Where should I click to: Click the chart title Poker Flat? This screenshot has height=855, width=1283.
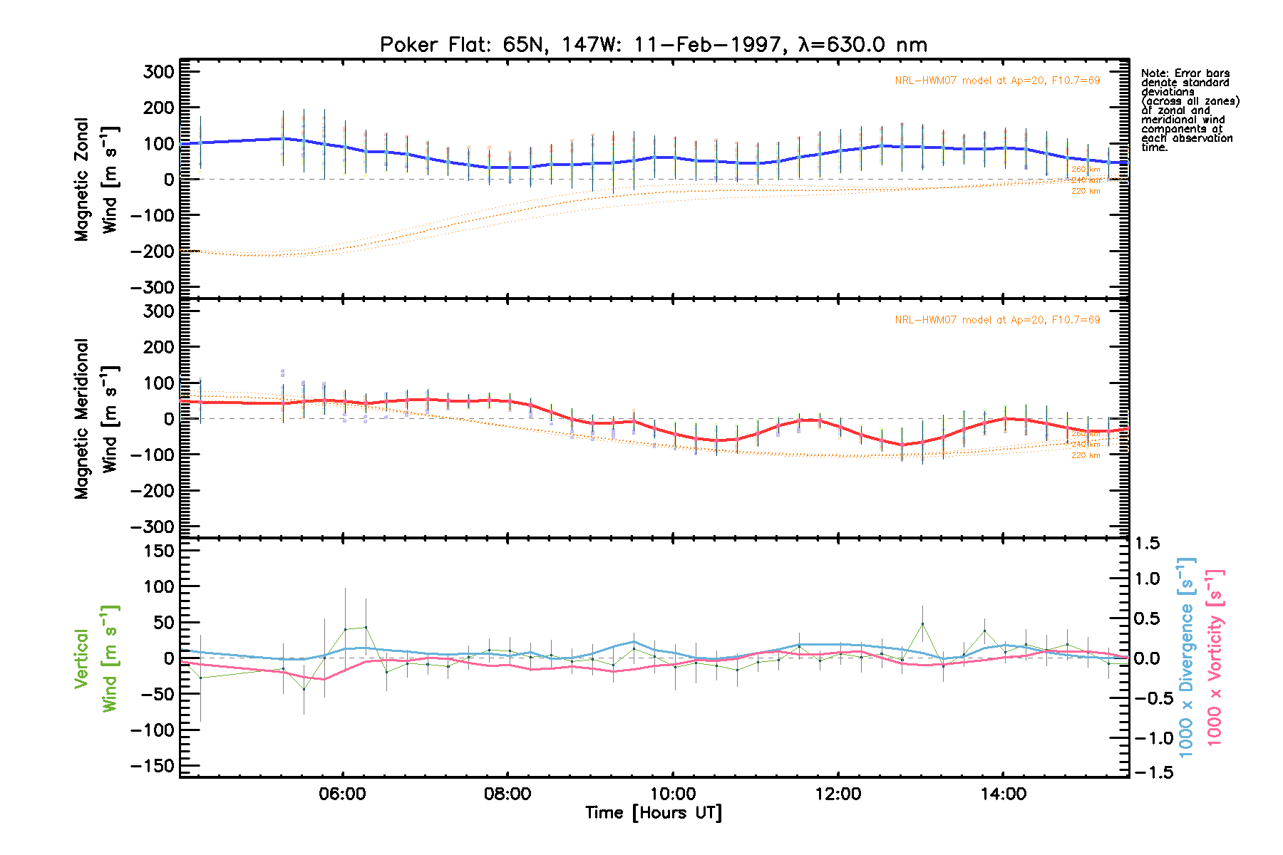tap(653, 45)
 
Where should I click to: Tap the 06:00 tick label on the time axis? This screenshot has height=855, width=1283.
tap(343, 794)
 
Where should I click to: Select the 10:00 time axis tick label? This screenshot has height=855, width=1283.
tap(673, 794)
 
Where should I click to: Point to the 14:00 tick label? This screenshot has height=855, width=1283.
tap(1003, 794)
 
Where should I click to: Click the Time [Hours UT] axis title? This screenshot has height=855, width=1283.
tap(653, 813)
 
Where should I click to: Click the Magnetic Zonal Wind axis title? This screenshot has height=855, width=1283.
tap(96, 179)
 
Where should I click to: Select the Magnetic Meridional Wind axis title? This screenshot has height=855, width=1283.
tap(96, 418)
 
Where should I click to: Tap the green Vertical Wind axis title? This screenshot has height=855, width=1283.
tap(96, 658)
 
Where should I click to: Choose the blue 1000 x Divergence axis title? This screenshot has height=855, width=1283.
tap(1186, 657)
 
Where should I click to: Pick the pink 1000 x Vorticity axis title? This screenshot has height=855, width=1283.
tap(1215, 657)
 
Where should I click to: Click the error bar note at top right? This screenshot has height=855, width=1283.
tap(1189, 110)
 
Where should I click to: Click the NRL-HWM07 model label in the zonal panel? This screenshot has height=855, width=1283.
tap(997, 81)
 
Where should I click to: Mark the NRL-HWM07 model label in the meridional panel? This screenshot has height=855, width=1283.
tap(997, 320)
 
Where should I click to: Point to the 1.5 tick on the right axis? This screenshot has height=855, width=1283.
tap(1146, 544)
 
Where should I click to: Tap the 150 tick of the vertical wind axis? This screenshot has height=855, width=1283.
tap(159, 551)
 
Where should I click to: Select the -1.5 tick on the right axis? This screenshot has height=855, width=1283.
tap(1146, 772)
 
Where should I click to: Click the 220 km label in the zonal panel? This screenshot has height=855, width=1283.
tap(1086, 191)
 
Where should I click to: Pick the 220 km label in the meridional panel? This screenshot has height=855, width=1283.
tap(1086, 455)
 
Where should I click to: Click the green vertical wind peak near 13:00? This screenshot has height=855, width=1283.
tap(922, 623)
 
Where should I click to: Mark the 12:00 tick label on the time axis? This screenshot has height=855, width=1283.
tap(838, 794)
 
